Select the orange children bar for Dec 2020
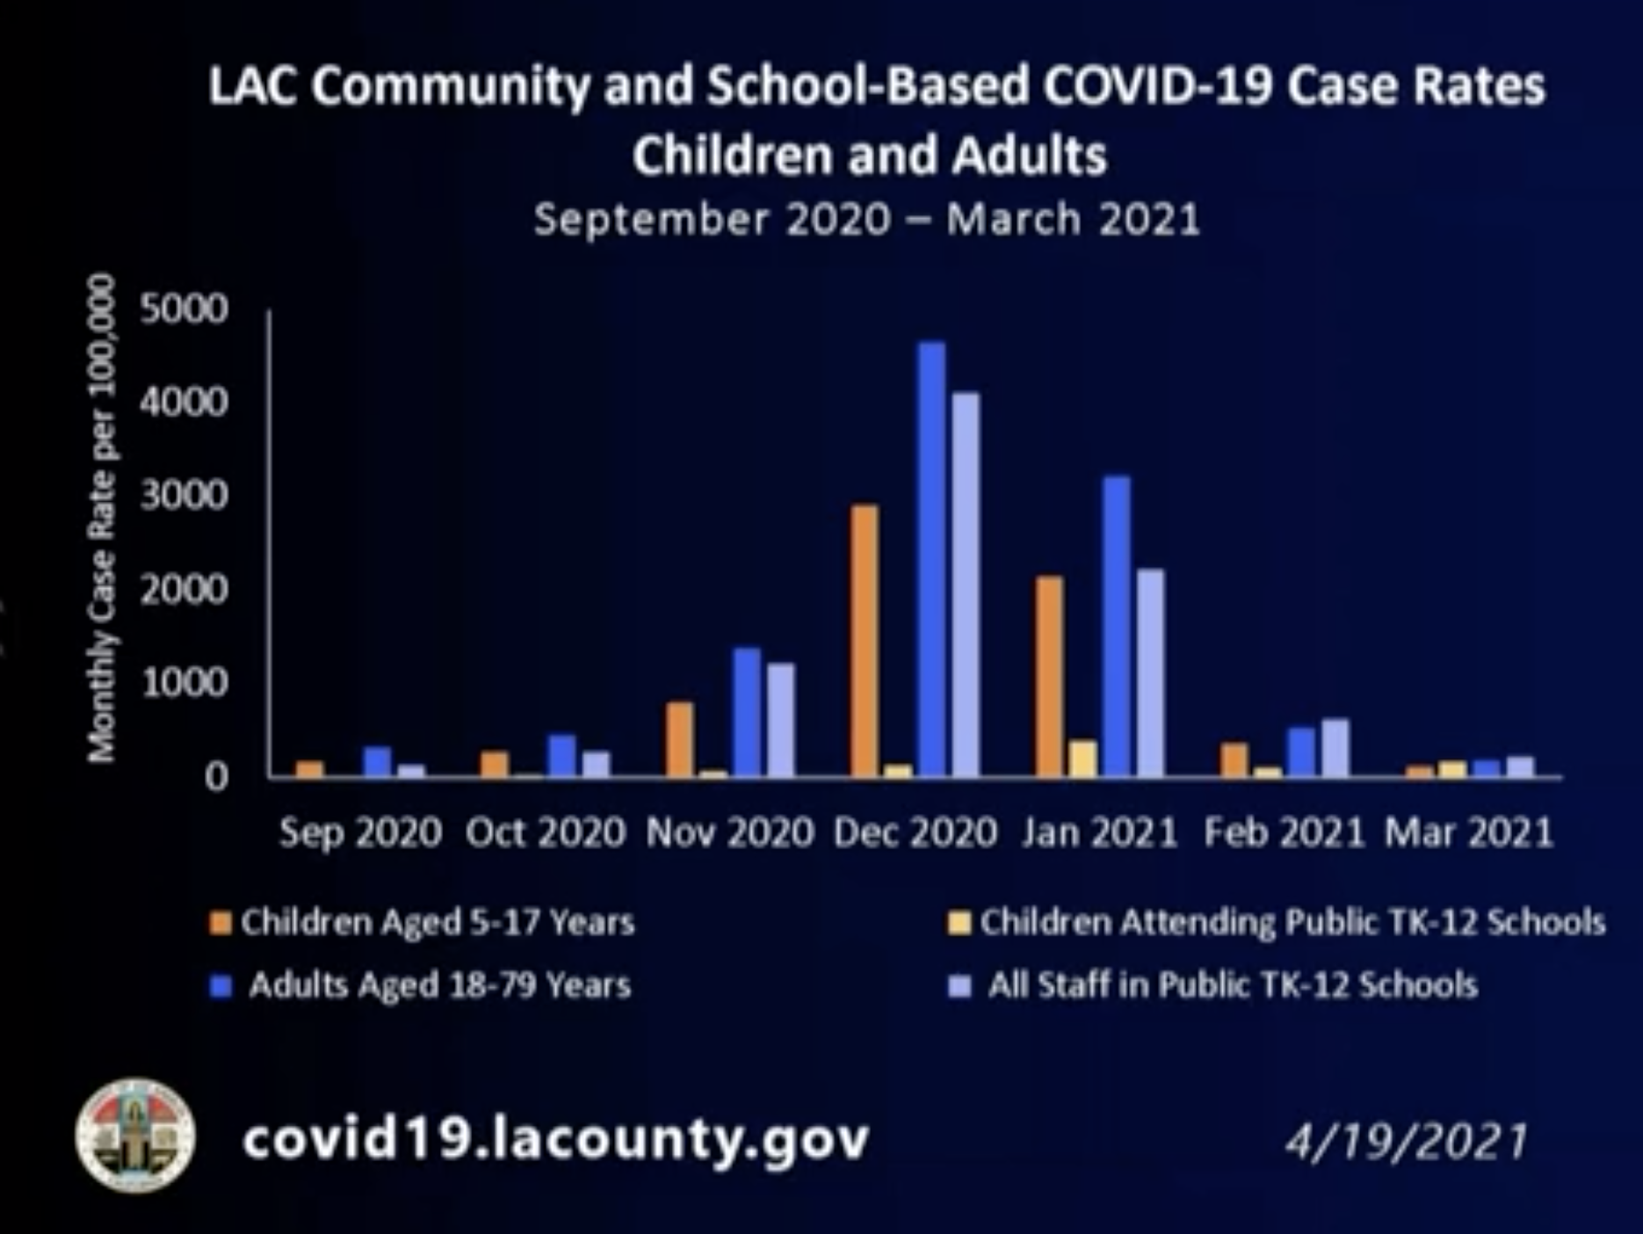[x=865, y=641]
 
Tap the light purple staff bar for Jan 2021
[x=1151, y=672]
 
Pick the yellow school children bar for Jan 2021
[x=1083, y=759]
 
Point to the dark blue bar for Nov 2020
[x=747, y=712]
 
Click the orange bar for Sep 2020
[x=310, y=769]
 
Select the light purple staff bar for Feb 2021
[x=1335, y=747]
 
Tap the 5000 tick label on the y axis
[x=184, y=309]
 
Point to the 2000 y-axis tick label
[x=184, y=589]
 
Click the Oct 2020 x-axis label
[x=545, y=832]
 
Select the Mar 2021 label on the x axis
[x=1469, y=832]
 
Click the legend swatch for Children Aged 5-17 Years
[x=221, y=923]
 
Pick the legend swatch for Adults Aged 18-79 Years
[x=221, y=986]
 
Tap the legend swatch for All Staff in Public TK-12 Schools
[x=959, y=986]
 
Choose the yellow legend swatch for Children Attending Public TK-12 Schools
[x=959, y=923]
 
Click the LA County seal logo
[x=135, y=1136]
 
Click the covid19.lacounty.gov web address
[x=555, y=1139]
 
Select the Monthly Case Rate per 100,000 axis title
[x=102, y=519]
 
